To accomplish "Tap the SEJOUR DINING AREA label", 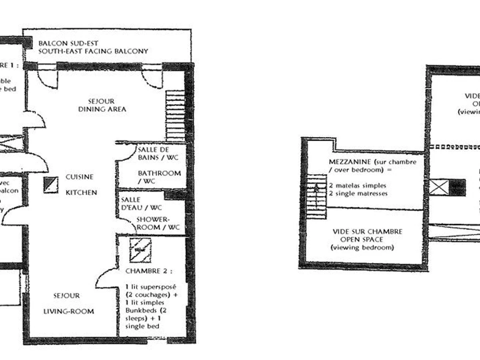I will pyautogui.click(x=102, y=105).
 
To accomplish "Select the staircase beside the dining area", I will pyautogui.click(x=175, y=115).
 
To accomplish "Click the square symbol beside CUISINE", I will pyautogui.click(x=51, y=185).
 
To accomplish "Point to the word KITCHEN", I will pyautogui.click(x=81, y=192).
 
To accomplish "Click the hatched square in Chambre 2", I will pyautogui.click(x=140, y=250).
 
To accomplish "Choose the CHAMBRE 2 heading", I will pyautogui.click(x=149, y=271).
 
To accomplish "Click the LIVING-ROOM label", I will pyautogui.click(x=68, y=311).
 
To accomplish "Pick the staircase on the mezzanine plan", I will pyautogui.click(x=316, y=196).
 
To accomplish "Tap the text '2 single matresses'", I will pyautogui.click(x=359, y=194).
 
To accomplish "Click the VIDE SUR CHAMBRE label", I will pyautogui.click(x=362, y=232).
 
